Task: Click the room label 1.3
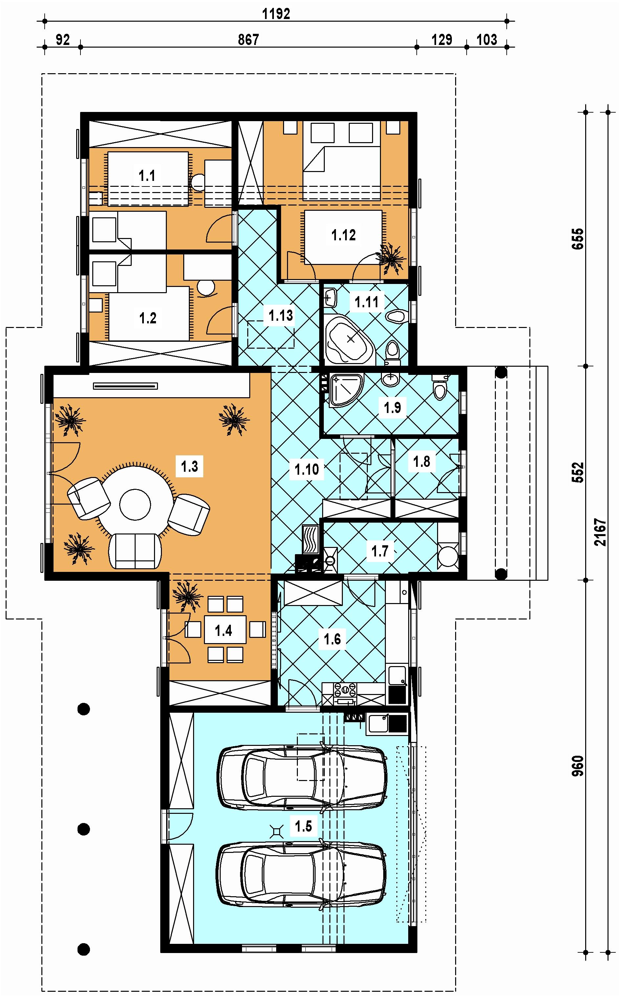[x=189, y=466]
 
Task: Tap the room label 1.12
[x=343, y=235]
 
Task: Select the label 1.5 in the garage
[x=303, y=815]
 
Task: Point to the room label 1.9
[x=392, y=407]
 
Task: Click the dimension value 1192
[x=276, y=13]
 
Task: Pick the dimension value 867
[x=249, y=39]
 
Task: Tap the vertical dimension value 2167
[x=600, y=532]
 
